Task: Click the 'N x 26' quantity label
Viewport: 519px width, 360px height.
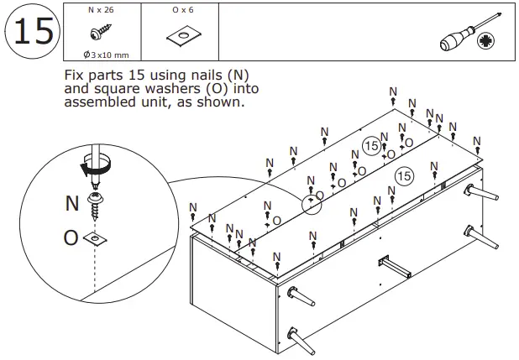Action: click(102, 10)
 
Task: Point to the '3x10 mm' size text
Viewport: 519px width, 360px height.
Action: click(104, 54)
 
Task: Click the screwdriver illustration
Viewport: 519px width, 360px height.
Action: click(466, 34)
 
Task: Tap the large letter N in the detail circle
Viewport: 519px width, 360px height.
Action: click(72, 202)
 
